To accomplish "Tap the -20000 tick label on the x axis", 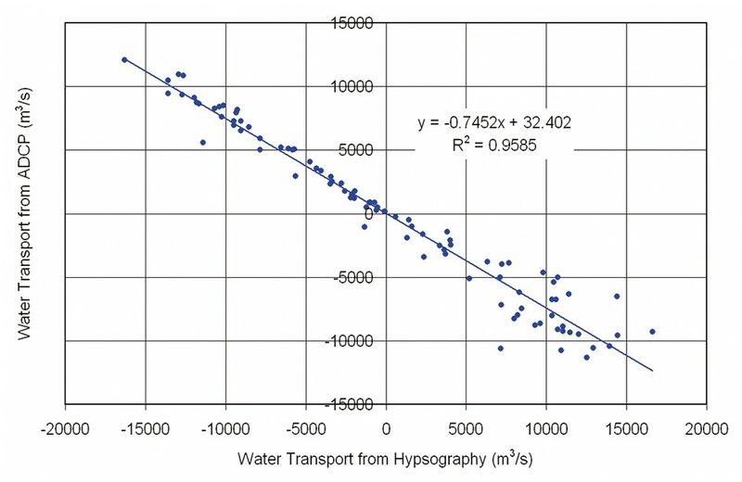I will coord(64,430).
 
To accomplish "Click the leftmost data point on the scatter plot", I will coord(124,59).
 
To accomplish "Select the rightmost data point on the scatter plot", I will coord(652,331).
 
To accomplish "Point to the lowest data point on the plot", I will coord(586,357).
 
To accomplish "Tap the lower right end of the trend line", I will coord(653,371).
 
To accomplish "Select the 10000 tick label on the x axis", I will coord(546,430).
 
